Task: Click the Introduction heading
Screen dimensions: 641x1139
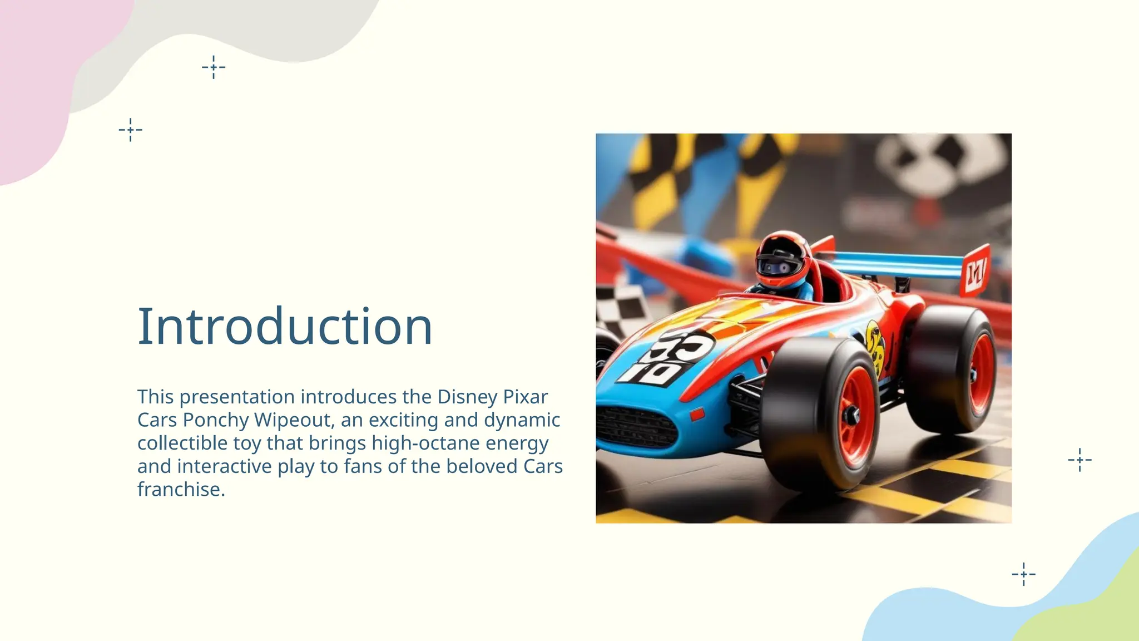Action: (x=285, y=327)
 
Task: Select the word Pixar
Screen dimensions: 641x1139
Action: (x=526, y=397)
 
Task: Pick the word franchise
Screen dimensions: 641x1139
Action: (x=181, y=490)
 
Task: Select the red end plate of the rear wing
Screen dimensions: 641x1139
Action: (x=975, y=270)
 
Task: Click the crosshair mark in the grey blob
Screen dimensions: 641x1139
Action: (x=214, y=68)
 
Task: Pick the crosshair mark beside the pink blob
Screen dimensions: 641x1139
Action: (x=131, y=130)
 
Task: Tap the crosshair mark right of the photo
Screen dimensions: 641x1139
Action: (x=1079, y=460)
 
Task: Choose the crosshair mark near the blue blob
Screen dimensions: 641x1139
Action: (x=1023, y=574)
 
